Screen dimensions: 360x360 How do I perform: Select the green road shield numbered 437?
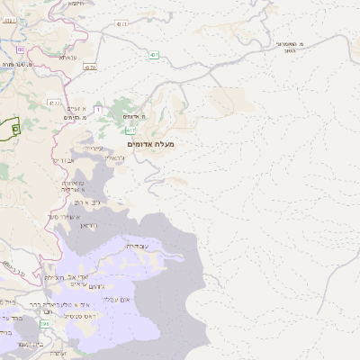click(x=155, y=55)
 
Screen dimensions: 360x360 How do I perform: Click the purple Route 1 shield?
click(x=97, y=109)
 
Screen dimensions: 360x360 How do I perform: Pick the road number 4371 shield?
click(x=121, y=22)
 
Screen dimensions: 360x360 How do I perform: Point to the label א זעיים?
click(x=77, y=108)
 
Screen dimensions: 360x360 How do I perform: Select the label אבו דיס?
click(x=63, y=160)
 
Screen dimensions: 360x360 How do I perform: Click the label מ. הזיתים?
click(x=75, y=118)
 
